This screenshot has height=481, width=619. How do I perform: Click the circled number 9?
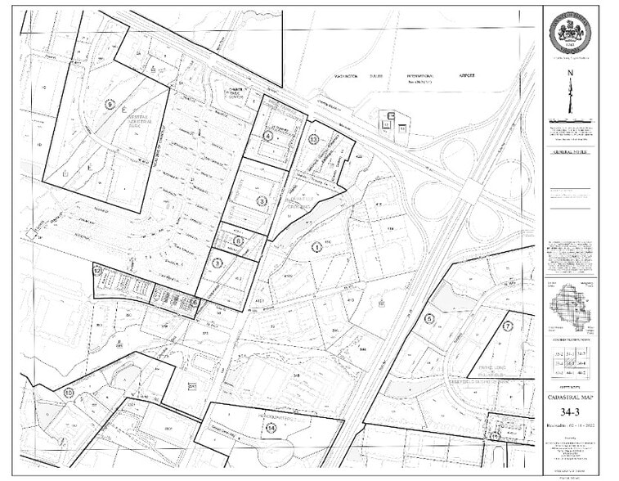pyautogui.click(x=108, y=105)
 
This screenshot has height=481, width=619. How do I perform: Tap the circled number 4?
pyautogui.click(x=268, y=137)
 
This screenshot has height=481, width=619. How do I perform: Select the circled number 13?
pyautogui.click(x=313, y=140)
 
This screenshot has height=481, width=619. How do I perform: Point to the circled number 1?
pyautogui.click(x=315, y=246)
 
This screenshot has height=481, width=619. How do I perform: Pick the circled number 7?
pyautogui.click(x=507, y=326)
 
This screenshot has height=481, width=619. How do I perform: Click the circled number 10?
pyautogui.click(x=68, y=393)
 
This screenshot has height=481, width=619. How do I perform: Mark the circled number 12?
pyautogui.click(x=97, y=270)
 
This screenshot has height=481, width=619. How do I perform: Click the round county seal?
pyautogui.click(x=572, y=33)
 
